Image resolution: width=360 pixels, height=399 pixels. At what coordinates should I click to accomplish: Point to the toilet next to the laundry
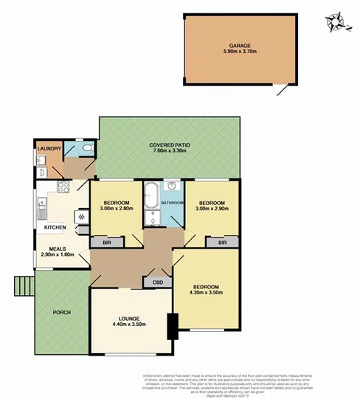(86, 150)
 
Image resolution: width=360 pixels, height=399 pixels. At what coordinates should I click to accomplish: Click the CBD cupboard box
(157, 282)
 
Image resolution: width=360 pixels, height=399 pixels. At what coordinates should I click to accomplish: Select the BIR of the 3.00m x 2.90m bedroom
(222, 241)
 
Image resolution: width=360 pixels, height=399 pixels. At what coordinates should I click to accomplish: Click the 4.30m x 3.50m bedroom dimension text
(206, 294)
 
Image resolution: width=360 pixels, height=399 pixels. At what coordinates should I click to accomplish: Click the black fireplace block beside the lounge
(173, 325)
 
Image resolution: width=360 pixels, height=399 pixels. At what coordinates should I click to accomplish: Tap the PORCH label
(61, 312)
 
